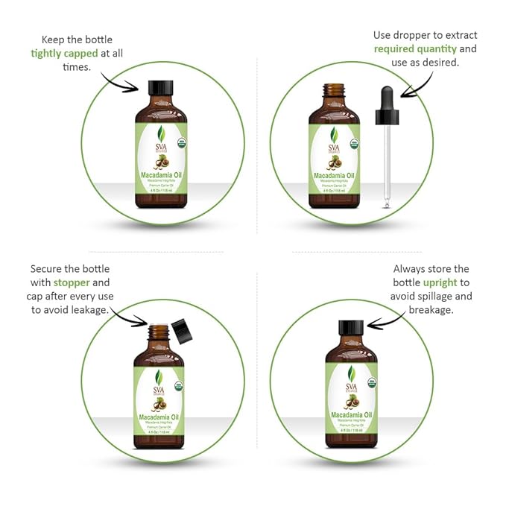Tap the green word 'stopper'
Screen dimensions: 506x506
(x=71, y=282)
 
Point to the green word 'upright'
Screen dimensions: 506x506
(x=440, y=282)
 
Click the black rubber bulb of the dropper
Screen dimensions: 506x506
(x=387, y=99)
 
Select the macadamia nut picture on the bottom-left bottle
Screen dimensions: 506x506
(x=158, y=405)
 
